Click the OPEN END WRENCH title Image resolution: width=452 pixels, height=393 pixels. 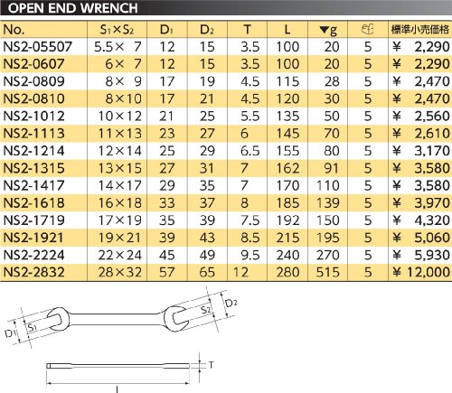click(72, 8)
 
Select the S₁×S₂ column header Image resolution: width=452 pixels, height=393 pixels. click(117, 30)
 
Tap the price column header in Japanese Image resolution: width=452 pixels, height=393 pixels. click(420, 30)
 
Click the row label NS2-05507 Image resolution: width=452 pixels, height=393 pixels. click(38, 47)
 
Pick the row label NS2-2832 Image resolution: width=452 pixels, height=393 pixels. click(33, 272)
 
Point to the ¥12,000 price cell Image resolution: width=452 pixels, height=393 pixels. click(421, 272)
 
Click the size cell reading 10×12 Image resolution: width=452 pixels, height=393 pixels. click(120, 117)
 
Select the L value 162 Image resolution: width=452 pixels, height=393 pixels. click(287, 168)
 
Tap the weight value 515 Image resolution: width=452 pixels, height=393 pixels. click(328, 272)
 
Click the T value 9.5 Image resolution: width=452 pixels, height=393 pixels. click(250, 255)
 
